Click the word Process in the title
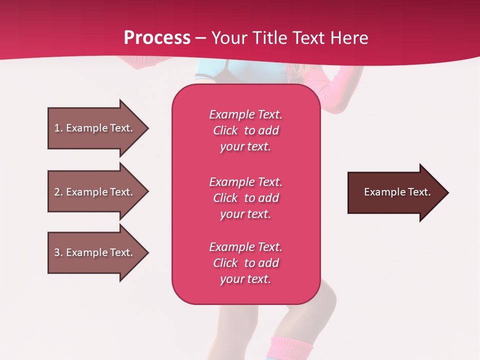[x=157, y=37]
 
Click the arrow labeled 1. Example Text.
[x=95, y=128]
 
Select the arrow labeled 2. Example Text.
[x=95, y=192]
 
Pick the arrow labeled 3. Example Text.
[x=95, y=252]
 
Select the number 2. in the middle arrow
[x=58, y=192]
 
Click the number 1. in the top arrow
[x=58, y=128]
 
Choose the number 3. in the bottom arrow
[x=58, y=252]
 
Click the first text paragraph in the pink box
[x=245, y=130]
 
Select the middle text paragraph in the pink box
[x=245, y=197]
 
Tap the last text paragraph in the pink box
[x=245, y=263]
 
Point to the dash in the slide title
[x=200, y=38]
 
